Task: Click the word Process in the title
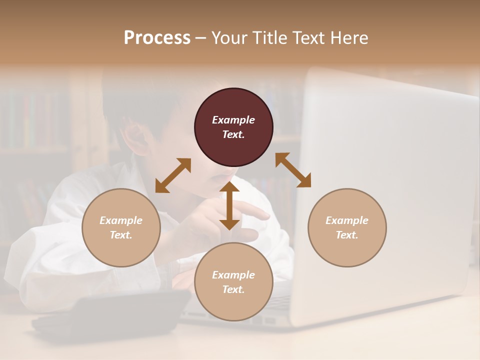click(157, 38)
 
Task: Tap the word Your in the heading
click(231, 38)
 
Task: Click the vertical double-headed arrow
click(229, 205)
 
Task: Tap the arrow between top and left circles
click(173, 175)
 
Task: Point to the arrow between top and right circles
click(293, 170)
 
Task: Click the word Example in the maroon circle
click(233, 120)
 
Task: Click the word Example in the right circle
click(347, 220)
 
